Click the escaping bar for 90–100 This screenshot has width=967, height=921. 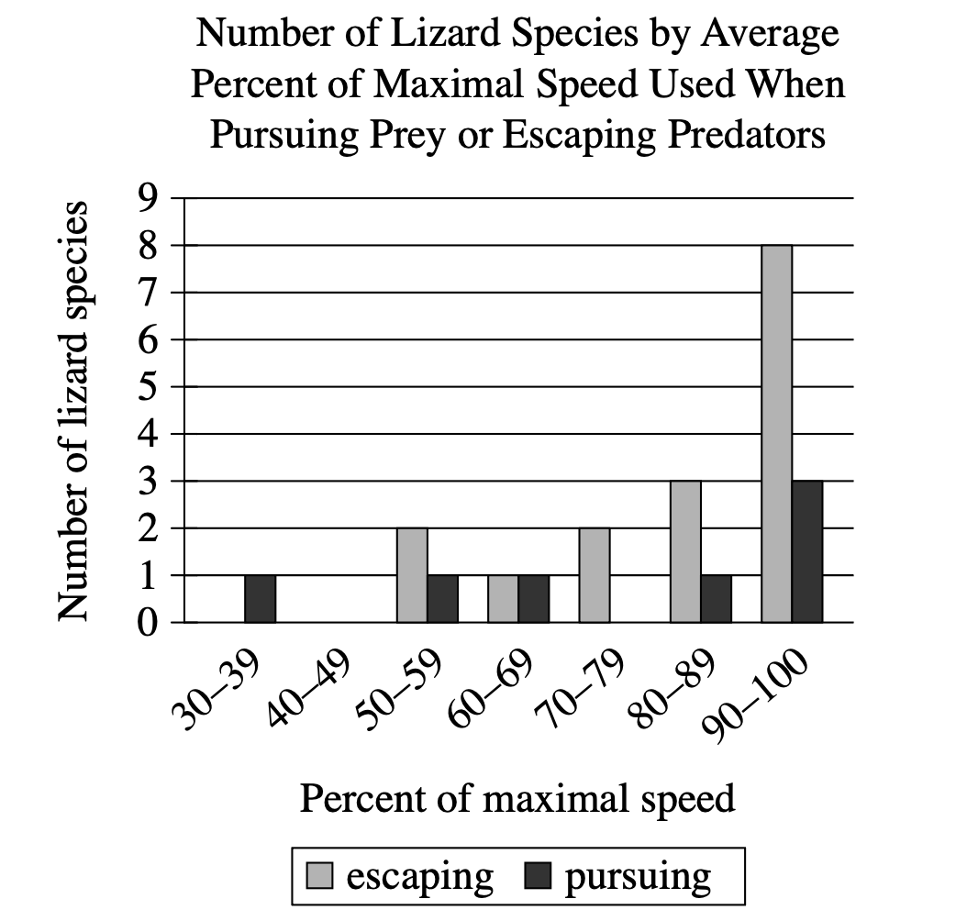776,434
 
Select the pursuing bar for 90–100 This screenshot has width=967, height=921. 807,551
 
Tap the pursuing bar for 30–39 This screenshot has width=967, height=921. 260,599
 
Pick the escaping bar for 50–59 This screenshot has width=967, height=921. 412,575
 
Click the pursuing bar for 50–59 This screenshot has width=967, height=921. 442,599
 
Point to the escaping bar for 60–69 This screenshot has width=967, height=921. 503,599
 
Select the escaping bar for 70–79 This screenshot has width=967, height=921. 594,575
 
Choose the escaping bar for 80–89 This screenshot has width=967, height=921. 685,551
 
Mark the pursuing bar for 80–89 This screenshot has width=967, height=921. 716,599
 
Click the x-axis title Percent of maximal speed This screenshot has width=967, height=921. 517,798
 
